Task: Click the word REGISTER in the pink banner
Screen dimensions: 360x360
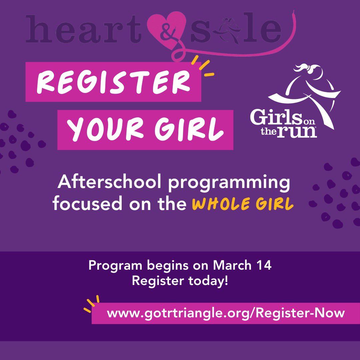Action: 113,82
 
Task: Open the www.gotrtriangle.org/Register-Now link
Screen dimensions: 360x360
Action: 226,313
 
